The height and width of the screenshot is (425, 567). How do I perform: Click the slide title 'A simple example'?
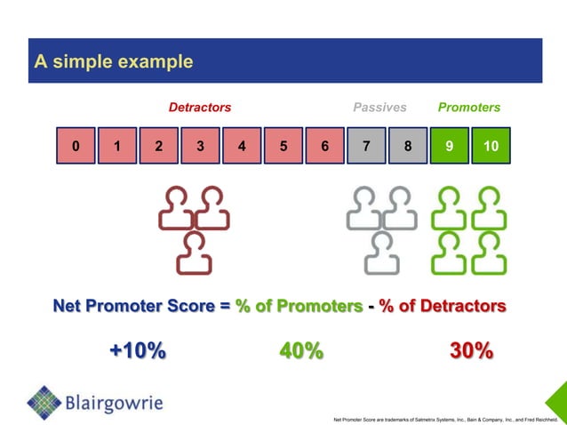click(x=113, y=62)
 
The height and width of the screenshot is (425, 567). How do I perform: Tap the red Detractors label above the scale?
click(x=200, y=108)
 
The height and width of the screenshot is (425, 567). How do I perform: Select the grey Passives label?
click(x=379, y=108)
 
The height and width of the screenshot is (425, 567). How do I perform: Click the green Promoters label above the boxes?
click(x=468, y=108)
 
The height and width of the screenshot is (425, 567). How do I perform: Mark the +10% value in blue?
click(x=137, y=351)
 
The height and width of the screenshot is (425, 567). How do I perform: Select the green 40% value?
click(x=301, y=351)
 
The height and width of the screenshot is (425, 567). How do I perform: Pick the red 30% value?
click(x=471, y=351)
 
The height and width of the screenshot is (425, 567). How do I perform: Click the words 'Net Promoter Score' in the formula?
click(x=134, y=307)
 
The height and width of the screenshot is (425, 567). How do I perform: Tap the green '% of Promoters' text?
click(x=299, y=307)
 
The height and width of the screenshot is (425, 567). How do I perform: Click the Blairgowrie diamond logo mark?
click(x=44, y=403)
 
